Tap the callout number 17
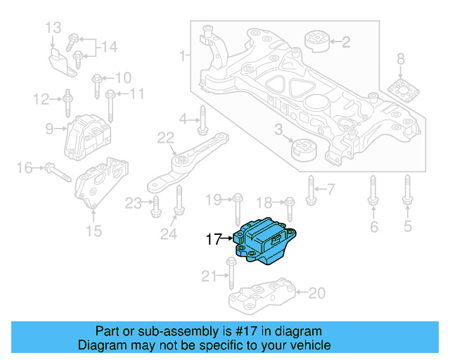click(213, 240)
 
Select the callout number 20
click(317, 292)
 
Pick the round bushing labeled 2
click(317, 41)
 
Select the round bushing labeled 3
click(304, 150)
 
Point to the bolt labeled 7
click(310, 188)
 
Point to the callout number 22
click(165, 138)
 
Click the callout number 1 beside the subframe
click(184, 54)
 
